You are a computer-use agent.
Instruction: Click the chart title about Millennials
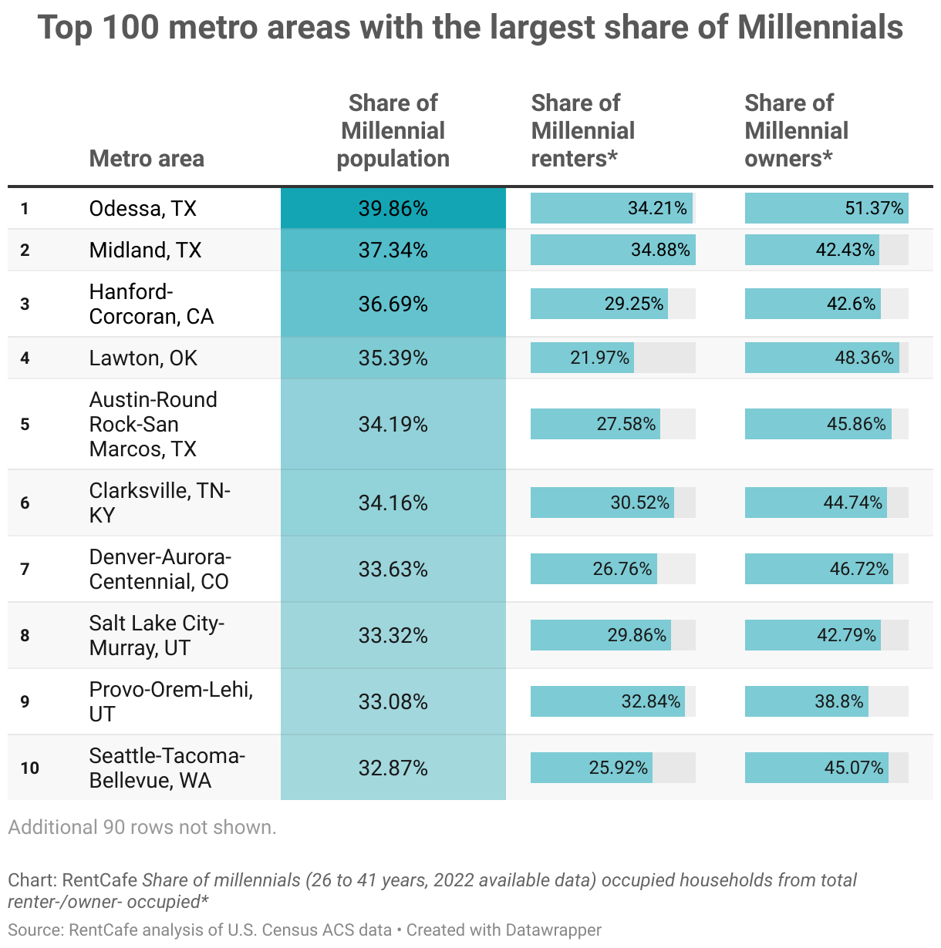(x=470, y=29)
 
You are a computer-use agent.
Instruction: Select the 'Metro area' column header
(x=147, y=159)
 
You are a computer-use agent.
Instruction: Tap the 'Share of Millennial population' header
(x=393, y=131)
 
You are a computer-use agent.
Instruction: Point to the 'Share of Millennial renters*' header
(x=583, y=131)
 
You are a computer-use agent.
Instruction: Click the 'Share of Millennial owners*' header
(x=797, y=131)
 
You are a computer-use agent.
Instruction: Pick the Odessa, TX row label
(x=143, y=209)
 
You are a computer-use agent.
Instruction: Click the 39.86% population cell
(x=393, y=209)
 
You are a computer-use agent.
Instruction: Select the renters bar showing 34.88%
(x=612, y=250)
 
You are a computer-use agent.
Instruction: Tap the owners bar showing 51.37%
(x=826, y=209)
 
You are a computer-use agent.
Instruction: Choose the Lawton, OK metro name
(x=143, y=358)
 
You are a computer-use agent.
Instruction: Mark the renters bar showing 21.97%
(x=582, y=358)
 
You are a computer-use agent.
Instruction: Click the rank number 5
(x=25, y=425)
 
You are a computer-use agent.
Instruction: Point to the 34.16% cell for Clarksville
(x=393, y=503)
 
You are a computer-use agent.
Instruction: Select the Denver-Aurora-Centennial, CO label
(x=160, y=570)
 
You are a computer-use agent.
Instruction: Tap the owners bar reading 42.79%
(x=813, y=636)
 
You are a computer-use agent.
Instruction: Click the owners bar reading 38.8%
(x=807, y=702)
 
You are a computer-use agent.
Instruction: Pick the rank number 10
(x=29, y=768)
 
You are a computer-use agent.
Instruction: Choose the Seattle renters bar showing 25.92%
(x=592, y=768)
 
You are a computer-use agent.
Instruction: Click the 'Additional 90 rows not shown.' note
(x=142, y=828)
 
